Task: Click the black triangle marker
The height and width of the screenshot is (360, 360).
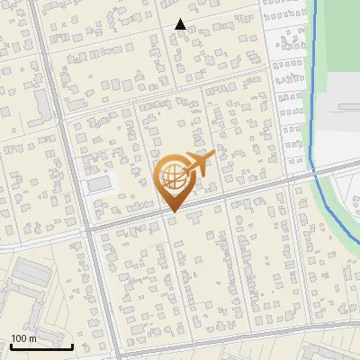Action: coord(180,24)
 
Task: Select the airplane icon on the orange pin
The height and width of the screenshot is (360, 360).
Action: coord(199,164)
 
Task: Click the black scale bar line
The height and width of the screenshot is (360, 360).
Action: coord(41,346)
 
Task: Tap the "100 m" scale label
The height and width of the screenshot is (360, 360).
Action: coord(23,338)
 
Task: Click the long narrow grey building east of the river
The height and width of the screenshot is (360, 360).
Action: coord(347,107)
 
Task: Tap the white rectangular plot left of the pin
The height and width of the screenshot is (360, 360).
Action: coord(101,184)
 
